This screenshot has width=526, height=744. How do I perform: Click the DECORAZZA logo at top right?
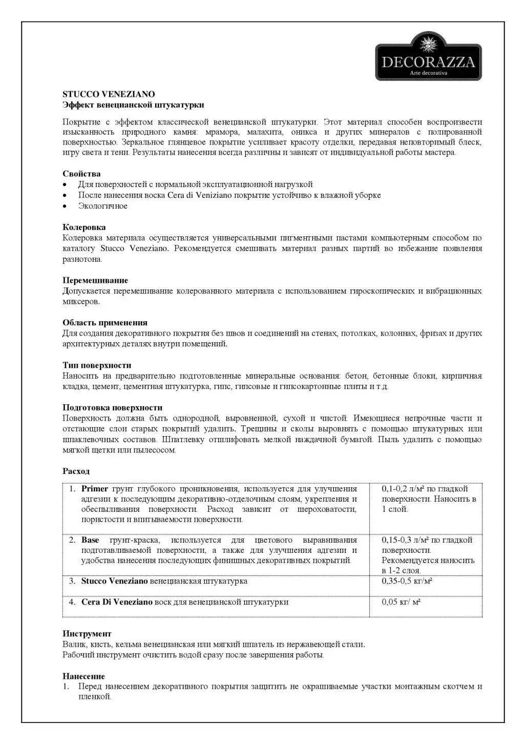point(428,56)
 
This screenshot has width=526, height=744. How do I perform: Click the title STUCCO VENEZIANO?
point(109,94)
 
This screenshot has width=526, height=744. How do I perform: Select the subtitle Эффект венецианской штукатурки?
point(133,105)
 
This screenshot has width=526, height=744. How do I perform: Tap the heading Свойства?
point(81,174)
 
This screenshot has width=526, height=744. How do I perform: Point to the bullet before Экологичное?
point(65,206)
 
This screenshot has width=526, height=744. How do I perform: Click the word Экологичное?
point(103,206)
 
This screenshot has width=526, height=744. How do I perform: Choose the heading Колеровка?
point(84,227)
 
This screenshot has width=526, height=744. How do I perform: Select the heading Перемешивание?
point(95,280)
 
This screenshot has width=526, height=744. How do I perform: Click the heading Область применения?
point(105,323)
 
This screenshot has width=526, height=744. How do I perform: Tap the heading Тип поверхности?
point(97,365)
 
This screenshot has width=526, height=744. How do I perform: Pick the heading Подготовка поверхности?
point(112,408)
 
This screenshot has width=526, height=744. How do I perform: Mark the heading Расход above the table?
point(76,471)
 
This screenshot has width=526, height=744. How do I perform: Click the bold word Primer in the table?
point(95,489)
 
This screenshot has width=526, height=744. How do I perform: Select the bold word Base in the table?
point(90,540)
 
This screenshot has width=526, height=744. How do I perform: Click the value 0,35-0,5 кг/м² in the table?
point(407,581)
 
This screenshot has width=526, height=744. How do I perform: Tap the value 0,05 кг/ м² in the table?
point(401,602)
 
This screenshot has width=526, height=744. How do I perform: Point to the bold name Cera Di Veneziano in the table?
point(117,602)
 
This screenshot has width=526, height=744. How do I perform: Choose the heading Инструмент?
point(87,634)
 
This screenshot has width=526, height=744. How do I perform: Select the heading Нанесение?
point(83,676)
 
